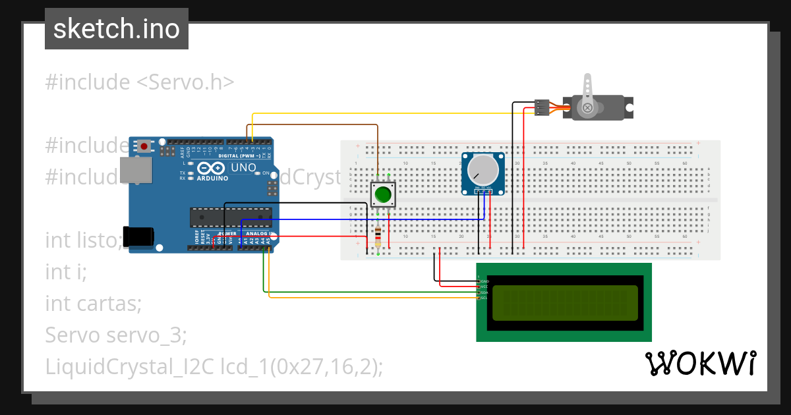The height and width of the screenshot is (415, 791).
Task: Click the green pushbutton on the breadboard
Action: click(382, 195)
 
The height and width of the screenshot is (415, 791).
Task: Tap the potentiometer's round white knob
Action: click(483, 171)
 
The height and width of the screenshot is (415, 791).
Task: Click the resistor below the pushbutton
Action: click(378, 237)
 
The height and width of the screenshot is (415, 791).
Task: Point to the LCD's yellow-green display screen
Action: click(564, 302)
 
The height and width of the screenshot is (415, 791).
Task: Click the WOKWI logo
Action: click(700, 363)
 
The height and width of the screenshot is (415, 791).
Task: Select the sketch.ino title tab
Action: click(117, 29)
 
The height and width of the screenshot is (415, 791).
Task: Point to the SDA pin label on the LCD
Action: click(484, 292)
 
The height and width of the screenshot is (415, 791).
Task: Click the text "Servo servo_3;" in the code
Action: click(116, 335)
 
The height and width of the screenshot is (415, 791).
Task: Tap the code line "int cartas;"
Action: click(94, 304)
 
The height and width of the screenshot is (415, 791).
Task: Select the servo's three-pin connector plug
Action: click(542, 107)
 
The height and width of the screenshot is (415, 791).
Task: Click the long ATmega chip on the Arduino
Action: click(231, 215)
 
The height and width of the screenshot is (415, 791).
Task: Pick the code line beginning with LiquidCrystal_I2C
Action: click(214, 367)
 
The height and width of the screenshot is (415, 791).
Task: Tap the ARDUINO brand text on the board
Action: click(212, 178)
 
